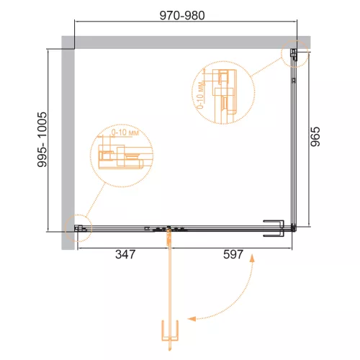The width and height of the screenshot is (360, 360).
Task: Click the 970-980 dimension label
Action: point(182,16)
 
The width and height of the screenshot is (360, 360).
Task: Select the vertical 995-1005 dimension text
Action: point(42,140)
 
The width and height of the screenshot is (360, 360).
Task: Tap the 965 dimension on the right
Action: point(315,137)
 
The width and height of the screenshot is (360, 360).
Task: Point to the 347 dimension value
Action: point(125,254)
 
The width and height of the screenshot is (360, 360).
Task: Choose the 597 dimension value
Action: point(233,254)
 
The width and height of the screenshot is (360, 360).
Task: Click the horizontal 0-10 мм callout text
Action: point(125,132)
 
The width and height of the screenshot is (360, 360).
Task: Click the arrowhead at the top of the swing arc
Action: point(252,258)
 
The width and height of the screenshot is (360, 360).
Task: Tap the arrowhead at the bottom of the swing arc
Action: point(192,319)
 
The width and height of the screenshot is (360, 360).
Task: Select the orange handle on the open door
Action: point(170,330)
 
